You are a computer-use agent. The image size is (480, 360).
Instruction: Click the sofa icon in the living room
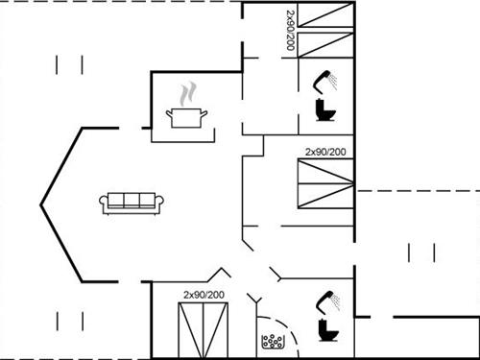click(132, 202)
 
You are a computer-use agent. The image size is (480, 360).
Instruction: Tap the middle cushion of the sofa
click(132, 200)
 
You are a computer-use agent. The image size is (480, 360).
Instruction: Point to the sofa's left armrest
click(103, 203)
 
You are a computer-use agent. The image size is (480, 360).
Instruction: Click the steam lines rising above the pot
click(188, 93)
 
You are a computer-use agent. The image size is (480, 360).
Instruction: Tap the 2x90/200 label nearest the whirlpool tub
click(204, 295)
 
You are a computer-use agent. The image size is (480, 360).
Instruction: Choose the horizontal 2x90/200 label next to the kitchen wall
click(325, 152)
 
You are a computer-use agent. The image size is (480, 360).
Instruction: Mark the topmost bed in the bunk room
click(325, 17)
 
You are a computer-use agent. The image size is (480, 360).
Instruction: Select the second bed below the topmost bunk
click(325, 44)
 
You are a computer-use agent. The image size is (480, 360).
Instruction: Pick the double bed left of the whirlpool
click(204, 327)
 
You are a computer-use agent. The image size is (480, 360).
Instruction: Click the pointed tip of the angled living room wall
click(40, 204)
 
